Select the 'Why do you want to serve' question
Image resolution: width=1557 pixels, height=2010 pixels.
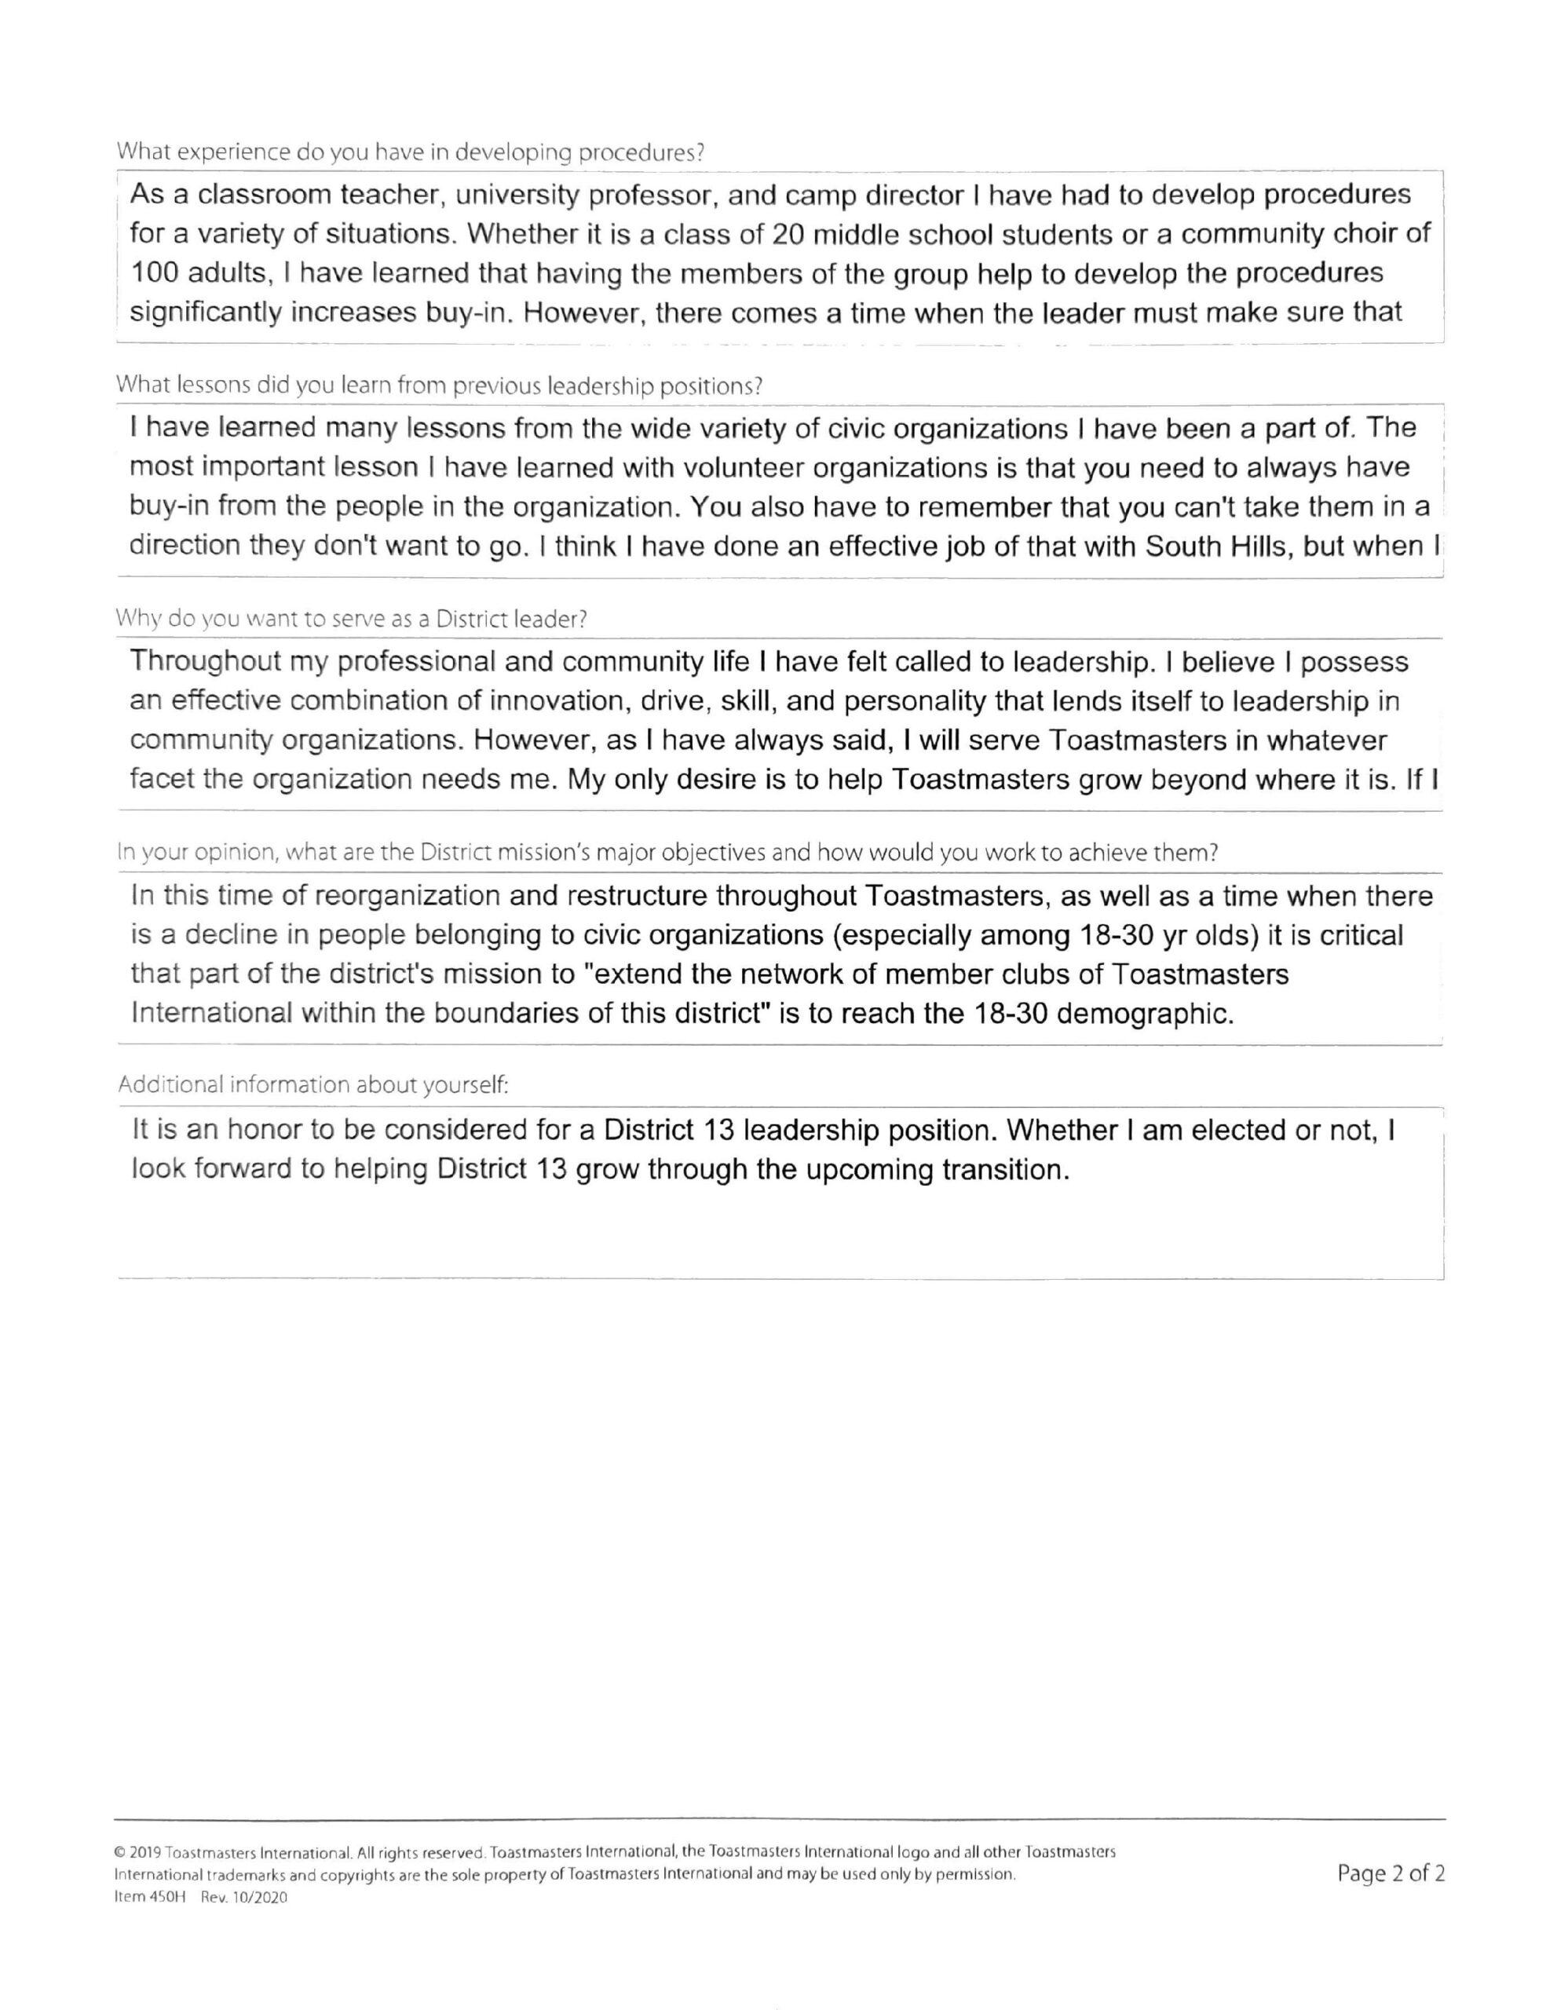(x=351, y=619)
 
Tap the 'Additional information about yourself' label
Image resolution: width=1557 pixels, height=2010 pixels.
(x=312, y=1085)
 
